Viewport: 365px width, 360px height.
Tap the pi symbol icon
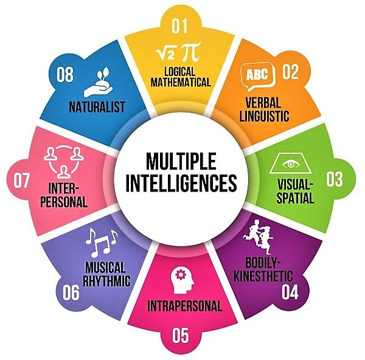(192, 51)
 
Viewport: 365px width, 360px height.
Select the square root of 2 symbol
(166, 52)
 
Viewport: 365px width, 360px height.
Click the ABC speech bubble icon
(258, 77)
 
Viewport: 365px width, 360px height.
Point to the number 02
(290, 72)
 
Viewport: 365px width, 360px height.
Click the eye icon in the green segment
(291, 164)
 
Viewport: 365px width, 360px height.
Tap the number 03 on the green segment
(334, 179)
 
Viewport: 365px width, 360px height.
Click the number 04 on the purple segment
(290, 292)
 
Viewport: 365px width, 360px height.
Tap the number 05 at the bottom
(181, 335)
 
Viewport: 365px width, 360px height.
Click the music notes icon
(101, 242)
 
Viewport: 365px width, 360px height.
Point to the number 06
(71, 292)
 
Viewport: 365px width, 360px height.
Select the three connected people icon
(63, 162)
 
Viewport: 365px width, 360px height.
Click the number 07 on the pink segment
(21, 181)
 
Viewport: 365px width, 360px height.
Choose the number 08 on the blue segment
(65, 75)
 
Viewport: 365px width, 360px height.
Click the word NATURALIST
(97, 107)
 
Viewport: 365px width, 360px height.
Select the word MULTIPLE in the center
(181, 161)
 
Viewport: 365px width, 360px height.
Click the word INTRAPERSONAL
(184, 305)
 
